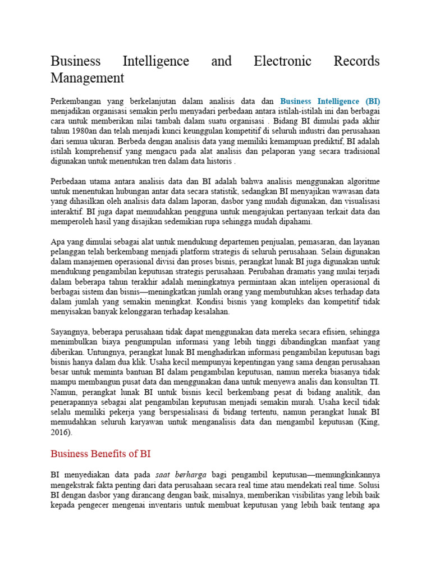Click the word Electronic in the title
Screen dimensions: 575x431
tap(288, 61)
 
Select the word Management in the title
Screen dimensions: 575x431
tap(87, 77)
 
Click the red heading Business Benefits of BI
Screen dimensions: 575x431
tap(100, 453)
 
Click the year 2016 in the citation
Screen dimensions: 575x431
tap(61, 432)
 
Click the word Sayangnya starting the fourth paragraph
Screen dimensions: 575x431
tap(71, 331)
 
